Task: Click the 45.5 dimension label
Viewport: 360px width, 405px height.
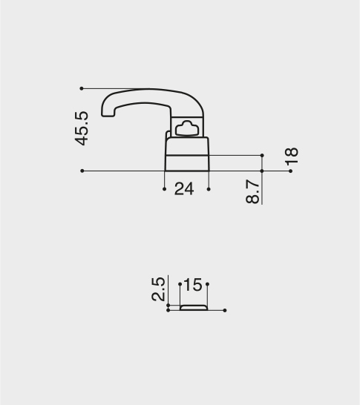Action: pos(82,128)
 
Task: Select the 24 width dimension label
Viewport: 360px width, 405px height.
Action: pos(184,189)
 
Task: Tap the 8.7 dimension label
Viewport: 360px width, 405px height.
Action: pos(252,191)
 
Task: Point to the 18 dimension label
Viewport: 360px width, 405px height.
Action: pos(291,156)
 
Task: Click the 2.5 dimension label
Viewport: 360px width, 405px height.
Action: pos(158,289)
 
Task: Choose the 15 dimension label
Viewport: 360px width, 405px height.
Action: pos(194,285)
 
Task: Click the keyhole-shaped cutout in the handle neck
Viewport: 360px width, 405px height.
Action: pos(187,128)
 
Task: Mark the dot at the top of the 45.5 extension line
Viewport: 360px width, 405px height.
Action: pos(82,88)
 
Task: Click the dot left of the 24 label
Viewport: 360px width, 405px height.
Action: pos(164,189)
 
